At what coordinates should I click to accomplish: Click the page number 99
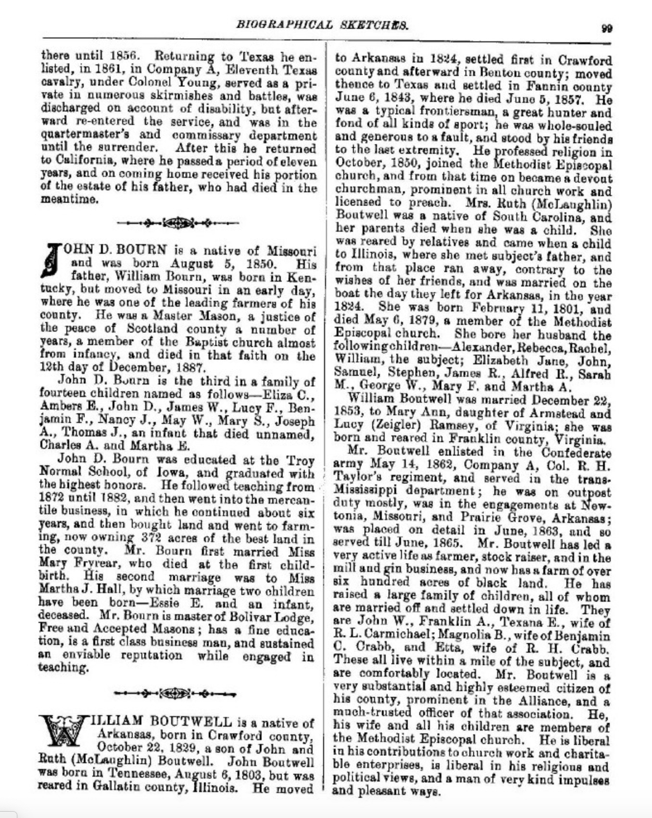coord(606,28)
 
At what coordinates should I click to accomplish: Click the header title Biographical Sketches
coord(323,25)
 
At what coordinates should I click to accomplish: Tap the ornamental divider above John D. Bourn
coord(177,223)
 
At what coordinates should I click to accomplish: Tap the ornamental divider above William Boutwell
coord(175,694)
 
